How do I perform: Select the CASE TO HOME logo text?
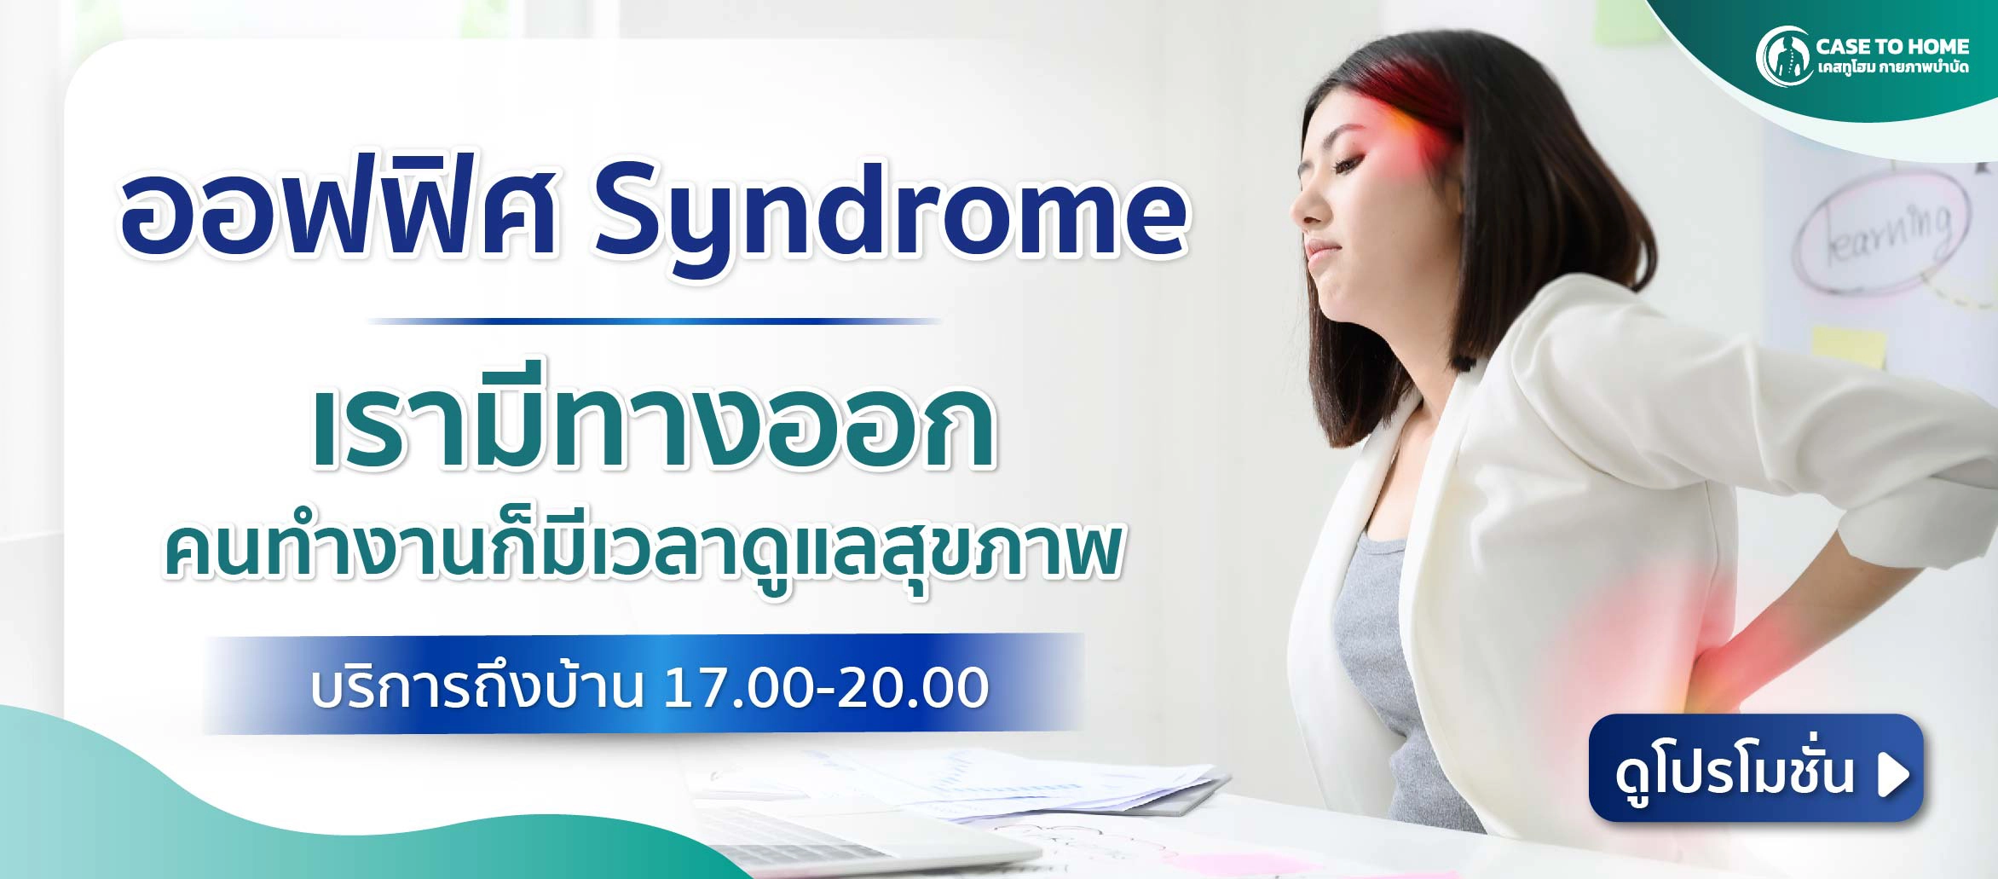click(1891, 46)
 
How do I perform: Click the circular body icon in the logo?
click(1783, 56)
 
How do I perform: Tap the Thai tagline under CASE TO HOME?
click(1892, 67)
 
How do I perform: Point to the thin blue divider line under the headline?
click(655, 321)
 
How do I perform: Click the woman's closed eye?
click(1344, 161)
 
